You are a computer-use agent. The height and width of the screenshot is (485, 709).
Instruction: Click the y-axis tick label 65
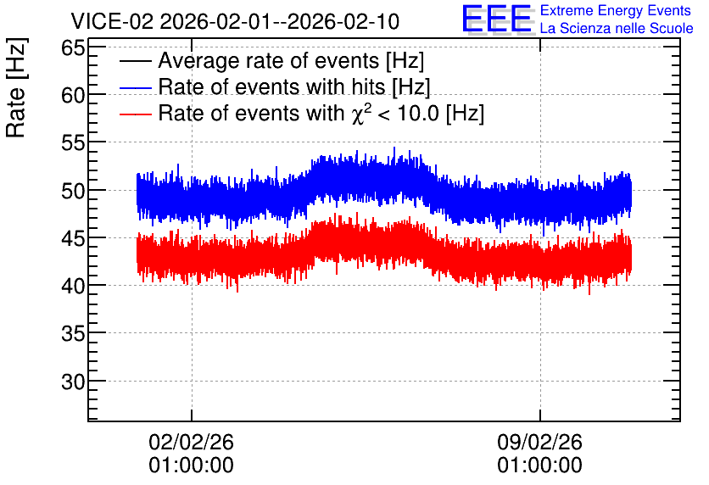pos(73,47)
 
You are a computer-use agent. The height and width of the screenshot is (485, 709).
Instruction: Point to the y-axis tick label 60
pos(73,95)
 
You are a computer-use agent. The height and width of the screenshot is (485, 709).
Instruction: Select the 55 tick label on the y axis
pos(73,143)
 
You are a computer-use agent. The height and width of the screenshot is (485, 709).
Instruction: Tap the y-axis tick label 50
pos(73,191)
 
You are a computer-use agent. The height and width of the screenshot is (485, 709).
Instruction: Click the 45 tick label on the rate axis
pos(73,238)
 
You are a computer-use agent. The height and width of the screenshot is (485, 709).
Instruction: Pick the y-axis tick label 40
pos(73,286)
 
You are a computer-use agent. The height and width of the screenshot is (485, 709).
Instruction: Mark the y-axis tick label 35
pos(73,334)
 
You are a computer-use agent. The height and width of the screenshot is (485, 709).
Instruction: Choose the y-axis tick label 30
pos(73,382)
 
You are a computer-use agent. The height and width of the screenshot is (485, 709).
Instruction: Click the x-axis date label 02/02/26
pos(192,442)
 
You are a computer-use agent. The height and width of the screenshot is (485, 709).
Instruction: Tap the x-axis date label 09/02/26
pos(540,442)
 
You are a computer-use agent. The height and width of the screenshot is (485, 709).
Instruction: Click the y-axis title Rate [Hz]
pos(16,87)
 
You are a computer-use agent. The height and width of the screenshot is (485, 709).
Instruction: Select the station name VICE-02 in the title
pos(113,21)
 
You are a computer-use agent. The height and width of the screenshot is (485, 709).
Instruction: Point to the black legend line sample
pos(136,61)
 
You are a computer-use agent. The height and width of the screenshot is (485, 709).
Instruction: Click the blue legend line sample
pos(136,87)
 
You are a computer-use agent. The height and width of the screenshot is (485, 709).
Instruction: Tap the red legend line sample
pos(136,114)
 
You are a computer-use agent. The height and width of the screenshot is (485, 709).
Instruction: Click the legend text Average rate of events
pos(269,60)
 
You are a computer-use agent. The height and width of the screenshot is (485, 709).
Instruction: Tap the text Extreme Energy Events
pos(616,10)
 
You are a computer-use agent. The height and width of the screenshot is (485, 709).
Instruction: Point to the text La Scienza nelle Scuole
pos(617,29)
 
